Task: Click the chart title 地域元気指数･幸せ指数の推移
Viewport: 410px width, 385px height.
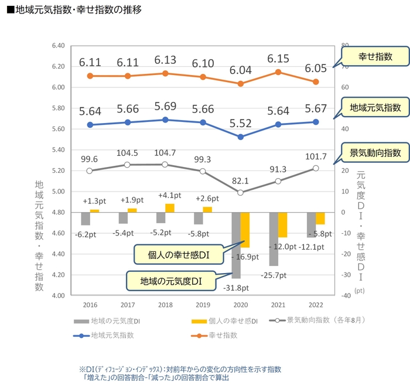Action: [73, 10]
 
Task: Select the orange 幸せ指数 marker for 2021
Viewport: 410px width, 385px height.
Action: [278, 72]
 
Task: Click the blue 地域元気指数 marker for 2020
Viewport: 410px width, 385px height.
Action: [241, 137]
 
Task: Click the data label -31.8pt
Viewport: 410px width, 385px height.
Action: [237, 288]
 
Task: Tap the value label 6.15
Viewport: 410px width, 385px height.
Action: [278, 59]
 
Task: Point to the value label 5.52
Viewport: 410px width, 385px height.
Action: [241, 123]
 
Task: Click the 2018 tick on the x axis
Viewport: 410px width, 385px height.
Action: [165, 305]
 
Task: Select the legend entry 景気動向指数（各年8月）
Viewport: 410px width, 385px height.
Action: [321, 321]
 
